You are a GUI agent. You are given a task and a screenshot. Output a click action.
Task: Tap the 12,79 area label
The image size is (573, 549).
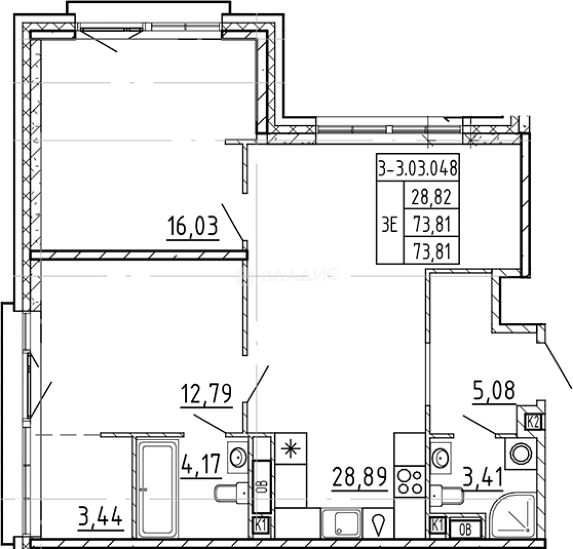[x=207, y=394]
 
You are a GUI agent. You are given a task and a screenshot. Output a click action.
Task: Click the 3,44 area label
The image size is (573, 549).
[x=100, y=518]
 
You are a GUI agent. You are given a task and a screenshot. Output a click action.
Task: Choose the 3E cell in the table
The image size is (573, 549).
[x=389, y=224]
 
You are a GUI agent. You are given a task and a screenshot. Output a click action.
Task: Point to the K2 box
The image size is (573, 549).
[x=533, y=421]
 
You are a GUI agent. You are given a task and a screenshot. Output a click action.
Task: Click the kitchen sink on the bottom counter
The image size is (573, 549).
[x=341, y=524]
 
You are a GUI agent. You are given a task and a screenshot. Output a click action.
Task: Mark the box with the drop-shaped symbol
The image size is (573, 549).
[x=378, y=524]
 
